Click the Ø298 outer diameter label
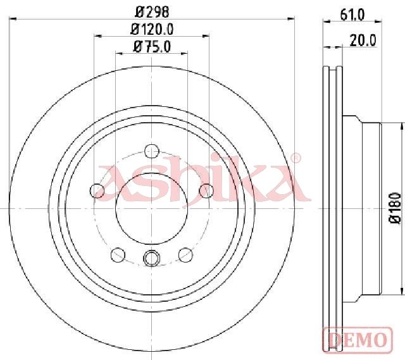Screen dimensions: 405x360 pyautogui.click(x=153, y=12)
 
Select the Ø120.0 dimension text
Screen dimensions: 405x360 pyautogui.click(x=152, y=29)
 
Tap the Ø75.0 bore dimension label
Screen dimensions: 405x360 pyautogui.click(x=152, y=47)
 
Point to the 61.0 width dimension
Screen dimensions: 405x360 pyautogui.click(x=352, y=15)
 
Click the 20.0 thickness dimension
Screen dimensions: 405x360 pyautogui.click(x=363, y=40)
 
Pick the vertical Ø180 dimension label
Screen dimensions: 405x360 pyautogui.click(x=395, y=208)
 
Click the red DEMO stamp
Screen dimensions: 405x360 pyautogui.click(x=358, y=339)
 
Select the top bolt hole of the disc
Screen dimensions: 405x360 pyautogui.click(x=152, y=151)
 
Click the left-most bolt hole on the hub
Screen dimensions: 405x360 pyautogui.click(x=97, y=191)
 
